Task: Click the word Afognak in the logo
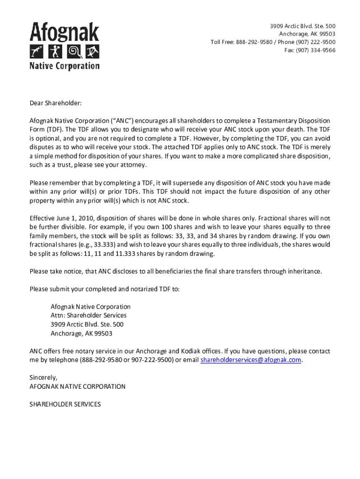click(65, 32)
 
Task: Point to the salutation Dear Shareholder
click(56, 103)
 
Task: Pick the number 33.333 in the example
click(115, 245)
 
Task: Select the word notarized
click(130, 289)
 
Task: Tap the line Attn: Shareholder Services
click(88, 316)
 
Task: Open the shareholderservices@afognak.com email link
click(251, 360)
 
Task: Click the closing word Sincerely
click(43, 377)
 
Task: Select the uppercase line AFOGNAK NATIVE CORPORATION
click(78, 386)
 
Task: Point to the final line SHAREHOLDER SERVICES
click(65, 404)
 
